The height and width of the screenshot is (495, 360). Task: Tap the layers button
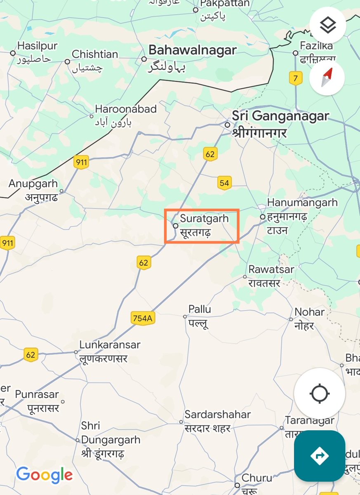328,25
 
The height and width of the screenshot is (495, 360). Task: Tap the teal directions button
320,456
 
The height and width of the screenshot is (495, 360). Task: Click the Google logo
45,475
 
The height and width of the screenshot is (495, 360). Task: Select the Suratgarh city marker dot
175,226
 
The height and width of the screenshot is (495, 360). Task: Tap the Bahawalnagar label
192,50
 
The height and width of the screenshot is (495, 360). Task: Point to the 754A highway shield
143,318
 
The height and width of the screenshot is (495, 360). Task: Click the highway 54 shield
224,183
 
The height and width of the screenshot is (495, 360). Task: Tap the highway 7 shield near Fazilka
295,78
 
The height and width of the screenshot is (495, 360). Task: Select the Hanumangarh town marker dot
262,217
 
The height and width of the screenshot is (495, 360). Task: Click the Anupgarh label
33,184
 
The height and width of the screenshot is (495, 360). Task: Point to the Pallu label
200,309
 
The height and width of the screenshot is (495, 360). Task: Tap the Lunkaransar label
110,345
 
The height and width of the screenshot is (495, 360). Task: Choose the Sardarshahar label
218,415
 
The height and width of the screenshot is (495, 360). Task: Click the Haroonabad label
126,109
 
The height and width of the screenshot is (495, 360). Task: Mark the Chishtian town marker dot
67,61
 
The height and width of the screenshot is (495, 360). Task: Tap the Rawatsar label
271,269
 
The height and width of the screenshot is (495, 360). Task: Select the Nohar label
309,312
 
